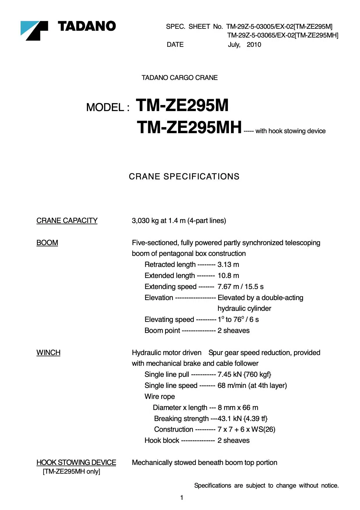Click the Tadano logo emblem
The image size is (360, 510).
34,30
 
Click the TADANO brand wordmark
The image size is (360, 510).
87,26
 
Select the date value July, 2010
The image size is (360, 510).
244,45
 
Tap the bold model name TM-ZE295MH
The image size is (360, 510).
189,127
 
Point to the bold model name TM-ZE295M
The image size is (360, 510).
182,105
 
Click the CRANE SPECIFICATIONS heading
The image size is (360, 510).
184,176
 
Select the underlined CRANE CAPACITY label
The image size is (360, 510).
67,221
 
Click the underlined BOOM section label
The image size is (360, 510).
47,243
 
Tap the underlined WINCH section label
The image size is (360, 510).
48,353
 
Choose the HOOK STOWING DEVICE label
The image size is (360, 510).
76,463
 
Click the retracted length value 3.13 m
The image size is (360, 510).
228,265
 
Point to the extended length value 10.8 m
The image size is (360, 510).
228,276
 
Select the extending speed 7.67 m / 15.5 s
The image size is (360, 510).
240,287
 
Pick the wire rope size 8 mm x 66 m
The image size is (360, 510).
238,408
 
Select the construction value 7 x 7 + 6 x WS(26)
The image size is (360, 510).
246,429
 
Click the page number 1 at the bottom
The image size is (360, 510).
182,498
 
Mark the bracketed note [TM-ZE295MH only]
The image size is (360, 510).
71,472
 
